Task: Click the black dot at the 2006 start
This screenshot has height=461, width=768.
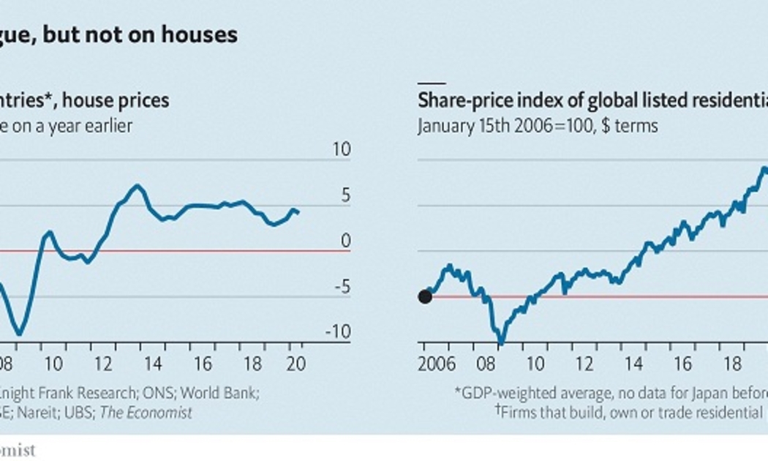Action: (x=424, y=296)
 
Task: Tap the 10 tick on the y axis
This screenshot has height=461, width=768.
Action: (x=342, y=150)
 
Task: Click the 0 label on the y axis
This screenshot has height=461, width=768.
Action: (x=346, y=241)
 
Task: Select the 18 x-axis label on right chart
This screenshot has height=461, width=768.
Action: (x=731, y=364)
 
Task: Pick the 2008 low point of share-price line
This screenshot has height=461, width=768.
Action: (x=501, y=340)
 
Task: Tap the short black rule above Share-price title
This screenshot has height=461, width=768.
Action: (x=431, y=83)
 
